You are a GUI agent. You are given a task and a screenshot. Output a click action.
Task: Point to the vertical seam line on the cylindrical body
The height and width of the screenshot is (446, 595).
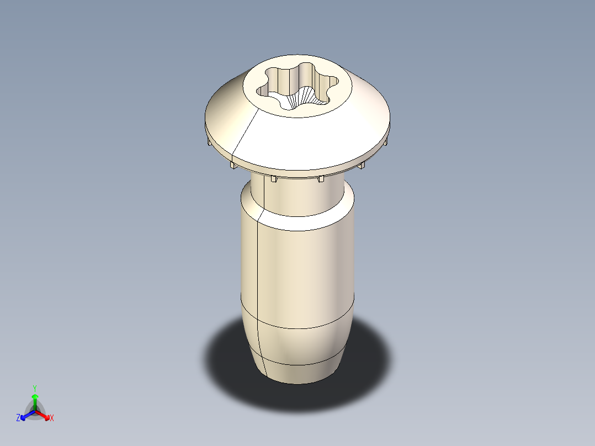[258, 265]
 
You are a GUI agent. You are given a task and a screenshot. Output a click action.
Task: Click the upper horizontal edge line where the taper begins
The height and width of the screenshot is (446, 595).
[298, 327]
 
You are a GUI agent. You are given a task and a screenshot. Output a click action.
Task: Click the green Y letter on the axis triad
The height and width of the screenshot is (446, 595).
[34, 388]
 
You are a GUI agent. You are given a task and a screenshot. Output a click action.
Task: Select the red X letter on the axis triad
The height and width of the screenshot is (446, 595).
[52, 418]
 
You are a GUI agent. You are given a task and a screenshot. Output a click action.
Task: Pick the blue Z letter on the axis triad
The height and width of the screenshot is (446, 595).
[18, 418]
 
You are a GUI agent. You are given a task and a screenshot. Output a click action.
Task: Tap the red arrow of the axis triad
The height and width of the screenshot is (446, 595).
[45, 416]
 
